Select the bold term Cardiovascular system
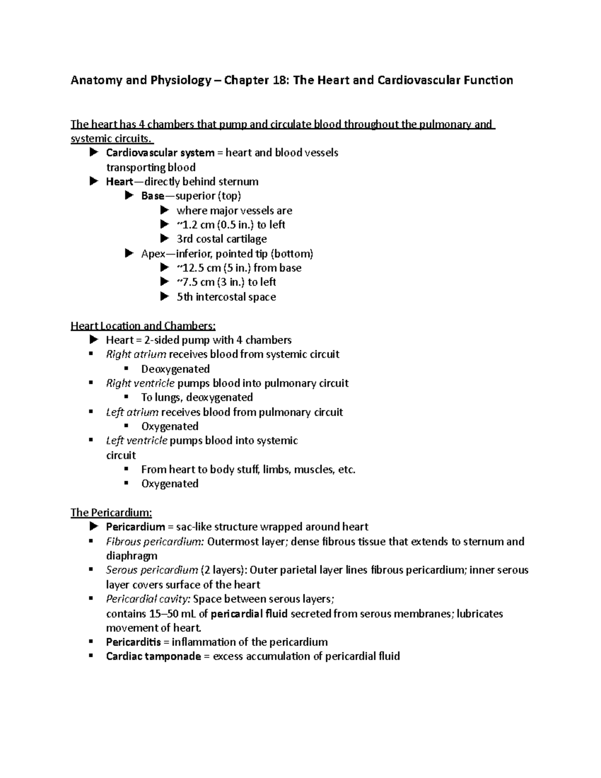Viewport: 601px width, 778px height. pyautogui.click(x=160, y=152)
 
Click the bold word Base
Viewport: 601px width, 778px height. pyautogui.click(x=153, y=196)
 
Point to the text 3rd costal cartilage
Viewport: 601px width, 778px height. pyautogui.click(x=221, y=239)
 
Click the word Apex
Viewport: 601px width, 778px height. pyautogui.click(x=153, y=253)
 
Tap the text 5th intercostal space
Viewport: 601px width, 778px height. pyautogui.click(x=226, y=297)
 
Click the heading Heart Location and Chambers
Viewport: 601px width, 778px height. pyautogui.click(x=143, y=326)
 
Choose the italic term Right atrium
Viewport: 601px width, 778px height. pyautogui.click(x=136, y=354)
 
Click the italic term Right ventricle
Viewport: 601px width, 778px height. pyautogui.click(x=140, y=383)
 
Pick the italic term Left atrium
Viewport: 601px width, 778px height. pyautogui.click(x=132, y=412)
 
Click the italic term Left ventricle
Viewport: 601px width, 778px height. pyautogui.click(x=137, y=441)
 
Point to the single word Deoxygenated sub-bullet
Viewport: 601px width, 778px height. pyautogui.click(x=175, y=369)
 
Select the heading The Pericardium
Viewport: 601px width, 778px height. pyautogui.click(x=111, y=512)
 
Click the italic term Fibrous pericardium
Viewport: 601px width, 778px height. pyautogui.click(x=155, y=542)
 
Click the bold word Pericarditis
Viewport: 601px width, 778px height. pyautogui.click(x=133, y=642)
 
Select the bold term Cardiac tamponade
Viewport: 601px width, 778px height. pyautogui.click(x=153, y=656)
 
